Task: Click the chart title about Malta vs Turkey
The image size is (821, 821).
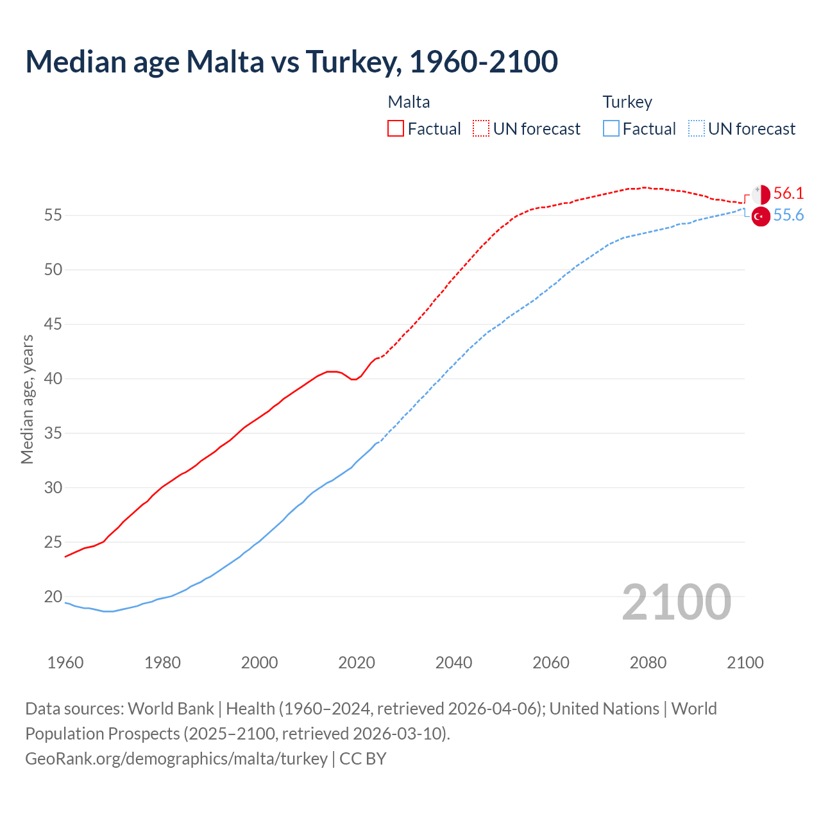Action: pos(291,62)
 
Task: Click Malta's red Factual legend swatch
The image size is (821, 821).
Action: pos(396,128)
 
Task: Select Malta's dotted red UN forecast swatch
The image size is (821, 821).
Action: pos(481,128)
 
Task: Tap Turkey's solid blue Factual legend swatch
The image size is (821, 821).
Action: pos(611,128)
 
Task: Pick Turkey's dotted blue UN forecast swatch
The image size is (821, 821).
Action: pos(696,128)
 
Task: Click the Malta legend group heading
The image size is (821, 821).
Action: pos(409,102)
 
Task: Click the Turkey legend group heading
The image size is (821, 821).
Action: pos(627,102)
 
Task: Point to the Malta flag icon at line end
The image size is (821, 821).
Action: pos(761,194)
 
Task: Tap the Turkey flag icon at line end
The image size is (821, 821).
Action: pos(761,217)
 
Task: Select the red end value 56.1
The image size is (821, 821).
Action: pos(788,193)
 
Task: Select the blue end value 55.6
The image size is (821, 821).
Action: pos(788,216)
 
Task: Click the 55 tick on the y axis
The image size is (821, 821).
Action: pos(53,215)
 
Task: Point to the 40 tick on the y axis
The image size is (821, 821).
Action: pos(53,378)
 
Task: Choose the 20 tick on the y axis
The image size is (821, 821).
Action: pos(53,597)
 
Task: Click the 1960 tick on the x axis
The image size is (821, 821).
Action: pos(65,663)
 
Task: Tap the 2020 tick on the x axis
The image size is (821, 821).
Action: pos(357,663)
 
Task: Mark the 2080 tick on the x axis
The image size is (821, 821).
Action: pos(648,663)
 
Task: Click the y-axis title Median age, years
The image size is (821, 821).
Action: pos(27,399)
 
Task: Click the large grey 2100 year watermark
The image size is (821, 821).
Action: pos(676,602)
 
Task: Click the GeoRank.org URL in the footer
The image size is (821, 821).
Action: pos(176,758)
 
